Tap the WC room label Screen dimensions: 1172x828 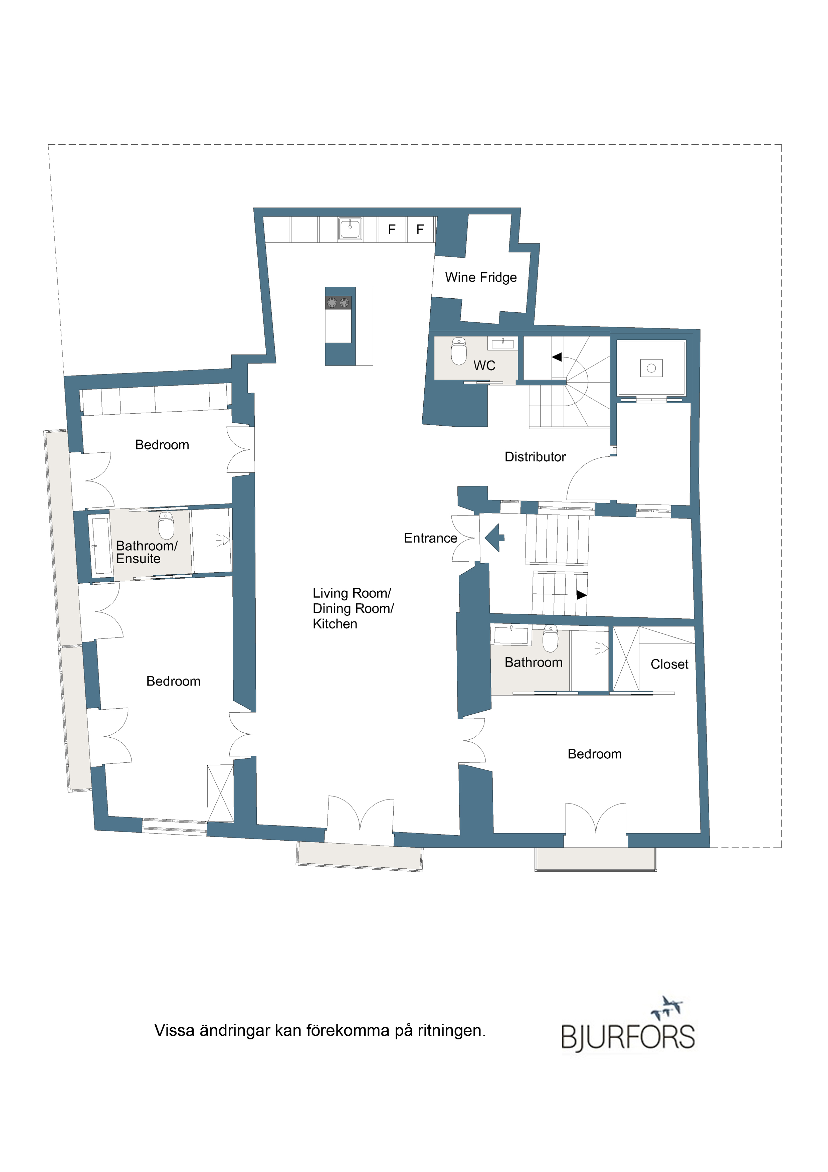pyautogui.click(x=484, y=365)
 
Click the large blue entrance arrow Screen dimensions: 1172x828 pyautogui.click(x=494, y=538)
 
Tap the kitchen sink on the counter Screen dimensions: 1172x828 pyautogui.click(x=350, y=229)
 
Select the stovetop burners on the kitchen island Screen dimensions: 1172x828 pyautogui.click(x=338, y=303)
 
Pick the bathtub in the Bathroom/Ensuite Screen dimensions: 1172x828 pyautogui.click(x=101, y=546)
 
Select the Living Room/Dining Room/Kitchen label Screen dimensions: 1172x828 pyautogui.click(x=353, y=608)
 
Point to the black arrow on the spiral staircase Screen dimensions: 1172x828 pyautogui.click(x=557, y=357)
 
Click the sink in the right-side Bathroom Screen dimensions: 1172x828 pyautogui.click(x=511, y=635)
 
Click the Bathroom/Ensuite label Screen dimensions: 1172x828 pyautogui.click(x=147, y=552)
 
